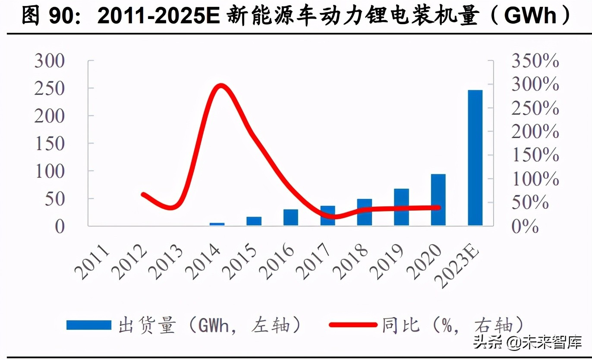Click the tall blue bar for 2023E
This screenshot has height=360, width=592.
click(x=475, y=158)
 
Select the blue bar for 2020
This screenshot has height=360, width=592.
click(x=438, y=199)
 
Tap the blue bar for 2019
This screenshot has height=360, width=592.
click(x=401, y=207)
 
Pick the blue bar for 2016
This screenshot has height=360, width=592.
click(x=291, y=217)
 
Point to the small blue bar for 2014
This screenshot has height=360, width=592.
click(x=217, y=224)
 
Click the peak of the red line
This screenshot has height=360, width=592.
click(x=221, y=86)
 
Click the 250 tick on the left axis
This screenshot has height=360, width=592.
click(x=50, y=88)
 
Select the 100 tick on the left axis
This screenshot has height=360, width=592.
click(x=50, y=171)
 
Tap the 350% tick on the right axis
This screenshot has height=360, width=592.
click(x=535, y=61)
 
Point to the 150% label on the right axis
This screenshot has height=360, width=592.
click(x=535, y=155)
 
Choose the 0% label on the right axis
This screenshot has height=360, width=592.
click(x=526, y=226)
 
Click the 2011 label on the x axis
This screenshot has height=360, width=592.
click(x=92, y=262)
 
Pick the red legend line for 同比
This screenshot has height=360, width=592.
click(x=353, y=325)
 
